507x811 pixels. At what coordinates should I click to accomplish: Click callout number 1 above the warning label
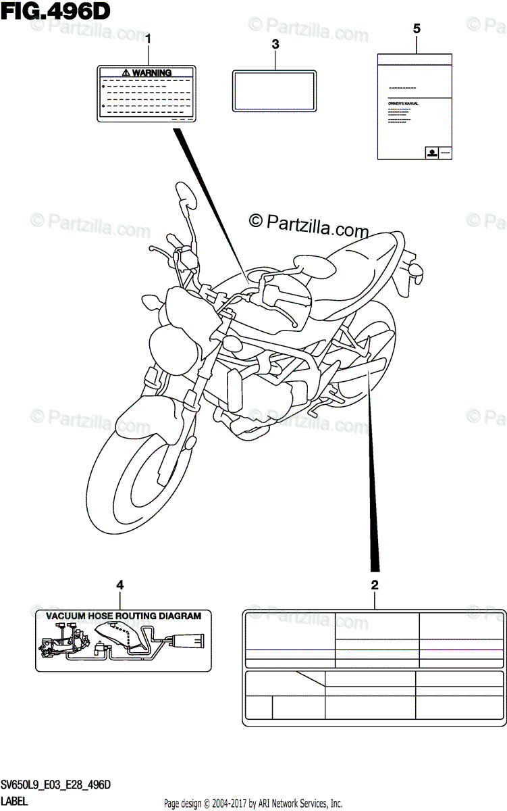tap(149, 39)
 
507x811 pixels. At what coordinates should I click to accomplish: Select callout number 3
tap(275, 45)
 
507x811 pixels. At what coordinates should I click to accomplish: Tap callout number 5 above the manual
tap(416, 28)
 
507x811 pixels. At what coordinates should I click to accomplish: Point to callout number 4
tap(120, 585)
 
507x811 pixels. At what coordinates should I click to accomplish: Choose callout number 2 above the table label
tap(375, 585)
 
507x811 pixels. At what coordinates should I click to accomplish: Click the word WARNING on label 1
tap(151, 72)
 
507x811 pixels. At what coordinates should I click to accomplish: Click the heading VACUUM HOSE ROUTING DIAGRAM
tap(124, 616)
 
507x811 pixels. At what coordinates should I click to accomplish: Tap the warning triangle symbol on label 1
tap(126, 72)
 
